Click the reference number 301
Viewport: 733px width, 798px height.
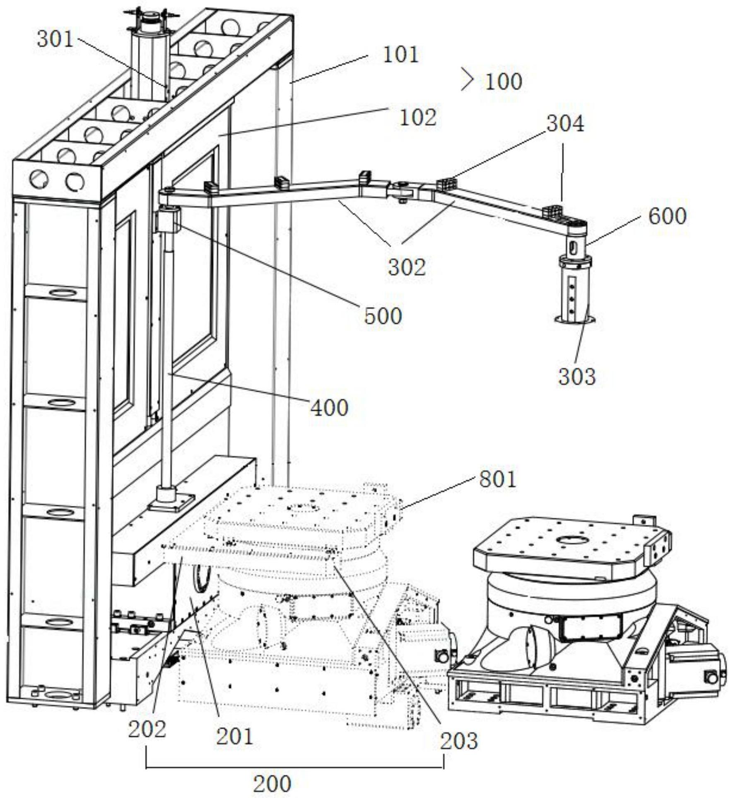click(55, 39)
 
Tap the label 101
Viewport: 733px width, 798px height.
click(400, 55)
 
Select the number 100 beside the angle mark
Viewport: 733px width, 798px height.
click(503, 82)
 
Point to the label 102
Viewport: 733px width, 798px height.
click(418, 118)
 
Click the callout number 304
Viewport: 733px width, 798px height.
click(565, 123)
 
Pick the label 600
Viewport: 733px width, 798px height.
click(667, 216)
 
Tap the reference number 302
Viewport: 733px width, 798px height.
click(407, 267)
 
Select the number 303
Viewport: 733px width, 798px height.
click(577, 377)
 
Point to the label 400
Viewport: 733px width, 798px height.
click(329, 408)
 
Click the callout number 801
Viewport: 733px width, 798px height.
click(497, 480)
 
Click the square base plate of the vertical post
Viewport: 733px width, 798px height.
click(171, 502)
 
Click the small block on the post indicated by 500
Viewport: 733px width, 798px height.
click(167, 219)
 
